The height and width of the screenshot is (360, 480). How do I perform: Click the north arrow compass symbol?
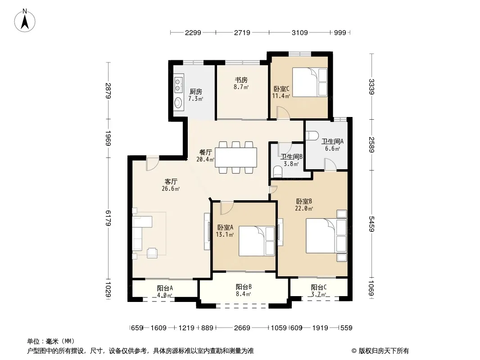tap(25, 21)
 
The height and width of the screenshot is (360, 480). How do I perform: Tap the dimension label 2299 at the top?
tap(193, 32)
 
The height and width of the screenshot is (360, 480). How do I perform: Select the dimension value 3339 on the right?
tap(371, 86)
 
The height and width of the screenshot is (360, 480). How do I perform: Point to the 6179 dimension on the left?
tap(108, 218)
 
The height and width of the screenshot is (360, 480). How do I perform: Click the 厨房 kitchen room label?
tap(195, 91)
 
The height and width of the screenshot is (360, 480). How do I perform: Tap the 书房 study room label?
tap(241, 80)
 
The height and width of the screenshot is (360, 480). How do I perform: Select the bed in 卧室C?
tap(310, 82)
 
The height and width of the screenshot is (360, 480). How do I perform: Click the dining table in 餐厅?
tap(235, 157)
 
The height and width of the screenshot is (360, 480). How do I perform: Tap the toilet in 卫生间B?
tap(278, 172)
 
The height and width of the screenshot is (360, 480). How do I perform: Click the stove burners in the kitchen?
tap(178, 85)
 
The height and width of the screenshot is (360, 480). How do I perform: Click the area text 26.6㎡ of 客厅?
tap(171, 189)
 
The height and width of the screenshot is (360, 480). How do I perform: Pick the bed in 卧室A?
tap(257, 241)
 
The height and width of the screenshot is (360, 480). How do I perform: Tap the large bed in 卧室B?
tap(326, 235)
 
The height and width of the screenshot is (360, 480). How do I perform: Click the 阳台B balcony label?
tap(244, 287)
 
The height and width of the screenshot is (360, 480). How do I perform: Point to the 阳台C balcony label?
tap(319, 287)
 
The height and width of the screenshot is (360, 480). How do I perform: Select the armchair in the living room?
tap(153, 252)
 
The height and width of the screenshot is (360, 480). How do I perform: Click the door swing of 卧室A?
tap(227, 208)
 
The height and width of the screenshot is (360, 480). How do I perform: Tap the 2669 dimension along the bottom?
tap(242, 328)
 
